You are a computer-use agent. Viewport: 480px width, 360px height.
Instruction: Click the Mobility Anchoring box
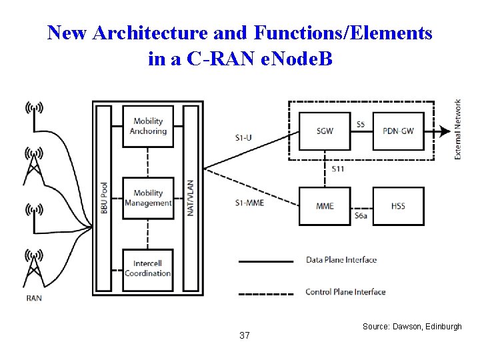148,127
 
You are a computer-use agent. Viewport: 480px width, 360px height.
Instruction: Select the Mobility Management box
148,199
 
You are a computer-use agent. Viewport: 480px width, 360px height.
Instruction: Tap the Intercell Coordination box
148,269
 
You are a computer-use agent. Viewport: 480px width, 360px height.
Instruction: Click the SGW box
325,131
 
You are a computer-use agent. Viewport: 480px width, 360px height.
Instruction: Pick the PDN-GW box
398,131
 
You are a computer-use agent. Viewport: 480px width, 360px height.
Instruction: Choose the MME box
325,206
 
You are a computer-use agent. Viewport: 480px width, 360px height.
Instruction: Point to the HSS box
398,206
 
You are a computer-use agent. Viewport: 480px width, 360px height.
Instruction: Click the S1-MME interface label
250,203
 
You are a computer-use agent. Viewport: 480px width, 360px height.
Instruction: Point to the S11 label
339,169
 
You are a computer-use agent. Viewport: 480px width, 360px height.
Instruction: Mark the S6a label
361,216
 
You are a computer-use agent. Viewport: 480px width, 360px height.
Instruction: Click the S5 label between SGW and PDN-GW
361,124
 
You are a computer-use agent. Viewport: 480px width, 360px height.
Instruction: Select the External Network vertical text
458,129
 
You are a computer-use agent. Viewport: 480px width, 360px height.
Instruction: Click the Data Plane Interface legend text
341,260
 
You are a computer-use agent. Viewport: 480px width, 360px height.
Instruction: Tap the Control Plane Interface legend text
345,292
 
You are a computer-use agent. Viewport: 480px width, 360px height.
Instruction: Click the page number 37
244,335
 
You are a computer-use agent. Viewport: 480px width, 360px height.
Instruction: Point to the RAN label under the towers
33,298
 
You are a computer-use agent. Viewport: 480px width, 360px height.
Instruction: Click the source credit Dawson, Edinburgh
412,327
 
